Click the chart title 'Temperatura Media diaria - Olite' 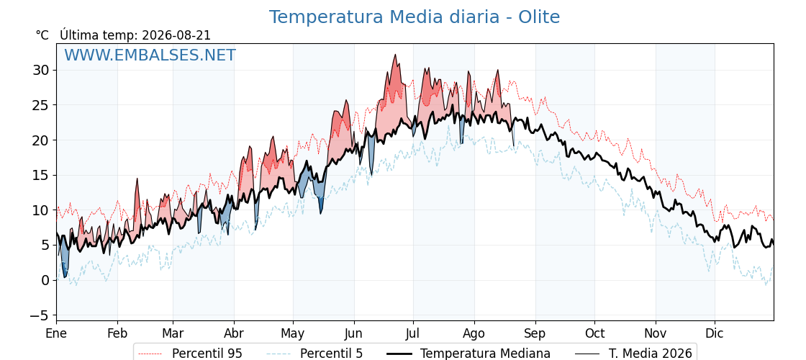click(x=415, y=17)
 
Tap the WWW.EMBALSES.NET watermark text click(x=150, y=55)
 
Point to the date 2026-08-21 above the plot click(x=176, y=35)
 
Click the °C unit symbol click(x=42, y=35)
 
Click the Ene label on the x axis click(x=56, y=333)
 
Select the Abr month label click(x=234, y=333)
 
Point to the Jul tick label click(x=413, y=333)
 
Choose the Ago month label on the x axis click(x=474, y=334)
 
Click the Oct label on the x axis click(x=594, y=333)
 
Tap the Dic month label click(x=715, y=333)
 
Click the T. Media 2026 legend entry click(x=633, y=354)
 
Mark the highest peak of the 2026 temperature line click(x=395, y=55)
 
